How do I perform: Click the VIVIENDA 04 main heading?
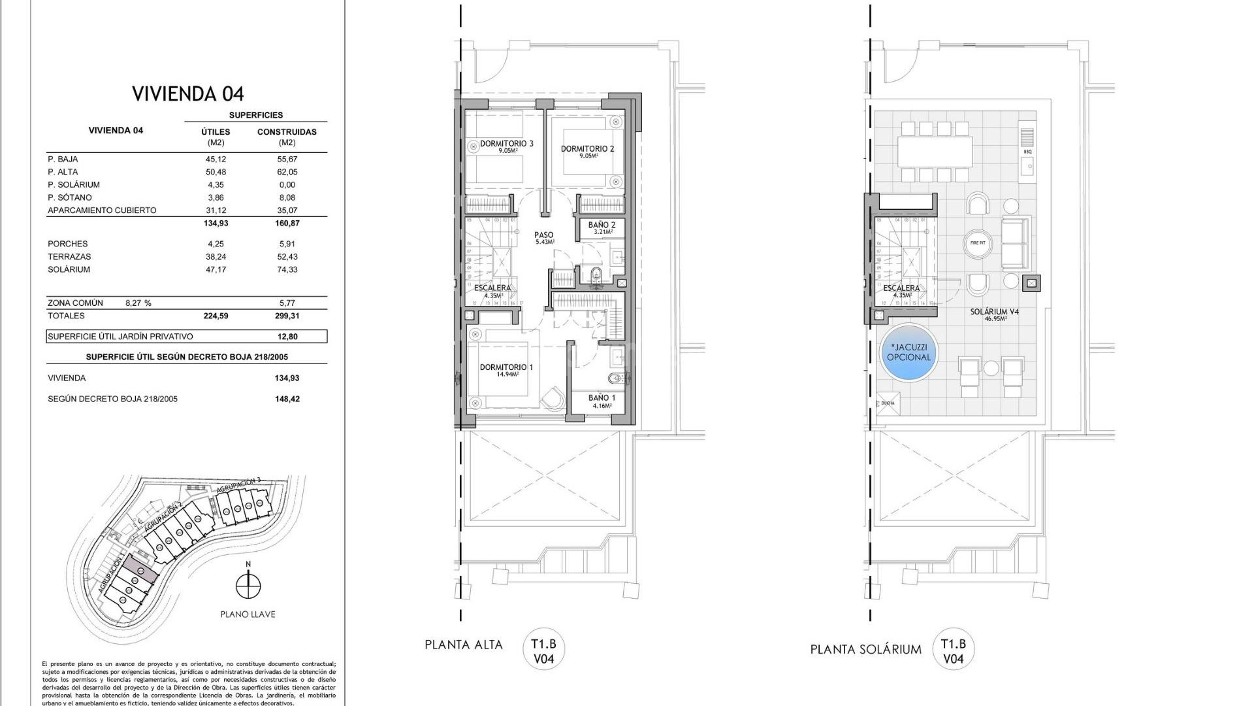tap(188, 93)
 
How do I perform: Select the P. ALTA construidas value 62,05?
tap(287, 172)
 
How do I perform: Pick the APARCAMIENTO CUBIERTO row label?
tap(102, 210)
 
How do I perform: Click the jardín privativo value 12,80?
tap(287, 337)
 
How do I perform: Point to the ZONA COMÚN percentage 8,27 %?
tap(138, 303)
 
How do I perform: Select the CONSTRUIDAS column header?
tap(287, 131)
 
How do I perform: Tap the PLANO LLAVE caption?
tap(248, 614)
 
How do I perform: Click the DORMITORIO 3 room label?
tap(507, 144)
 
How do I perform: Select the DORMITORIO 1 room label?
tap(506, 367)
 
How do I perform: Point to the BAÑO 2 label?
tap(602, 224)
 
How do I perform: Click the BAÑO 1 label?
tap(602, 397)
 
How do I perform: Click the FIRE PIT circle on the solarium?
tap(978, 243)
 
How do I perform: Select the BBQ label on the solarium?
tap(1027, 152)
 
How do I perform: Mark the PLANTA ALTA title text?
tap(464, 645)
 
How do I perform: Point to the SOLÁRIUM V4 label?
tap(994, 312)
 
